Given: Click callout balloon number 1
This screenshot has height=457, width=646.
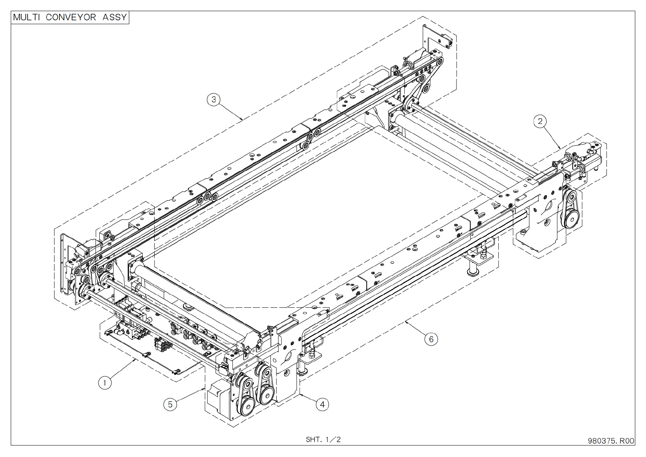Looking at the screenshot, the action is coord(105,383).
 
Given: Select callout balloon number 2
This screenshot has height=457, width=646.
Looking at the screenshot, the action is coord(540,121).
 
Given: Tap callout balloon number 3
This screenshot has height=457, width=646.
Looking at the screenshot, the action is coord(214,99).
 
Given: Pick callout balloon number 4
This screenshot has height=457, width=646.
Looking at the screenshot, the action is coord(322,404).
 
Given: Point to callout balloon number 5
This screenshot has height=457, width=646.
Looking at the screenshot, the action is coord(170,404).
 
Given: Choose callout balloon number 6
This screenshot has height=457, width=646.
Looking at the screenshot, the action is coord(431,339).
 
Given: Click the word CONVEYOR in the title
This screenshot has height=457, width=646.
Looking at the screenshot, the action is coord(71,17).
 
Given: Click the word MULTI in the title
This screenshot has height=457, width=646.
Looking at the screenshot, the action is coord(26,17).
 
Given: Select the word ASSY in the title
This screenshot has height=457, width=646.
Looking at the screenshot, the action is coord(114,17).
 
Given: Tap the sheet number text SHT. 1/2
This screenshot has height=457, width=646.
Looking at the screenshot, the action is coord(323,439).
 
